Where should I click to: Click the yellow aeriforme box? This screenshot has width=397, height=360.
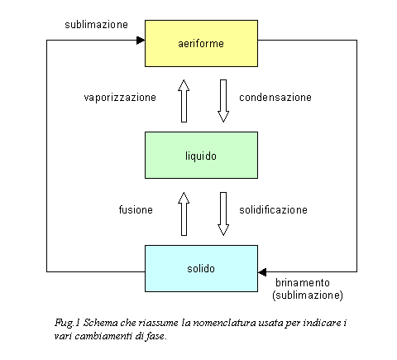[x=201, y=43]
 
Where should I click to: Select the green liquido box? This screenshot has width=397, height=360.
[x=201, y=156]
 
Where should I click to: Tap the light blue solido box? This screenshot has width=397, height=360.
[x=201, y=268]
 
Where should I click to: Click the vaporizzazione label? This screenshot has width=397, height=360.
[x=120, y=98]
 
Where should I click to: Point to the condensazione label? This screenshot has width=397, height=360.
[x=275, y=98]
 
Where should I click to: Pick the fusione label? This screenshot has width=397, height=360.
[x=136, y=209]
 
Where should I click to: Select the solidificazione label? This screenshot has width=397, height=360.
[x=273, y=210]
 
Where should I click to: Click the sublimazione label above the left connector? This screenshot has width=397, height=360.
[x=96, y=25]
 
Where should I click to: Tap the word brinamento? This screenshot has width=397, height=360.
[x=303, y=283]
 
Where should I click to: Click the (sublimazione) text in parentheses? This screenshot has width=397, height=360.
[x=308, y=295]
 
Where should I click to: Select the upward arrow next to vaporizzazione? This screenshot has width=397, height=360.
[x=184, y=101]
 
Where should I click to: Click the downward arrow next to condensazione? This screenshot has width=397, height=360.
[x=223, y=101]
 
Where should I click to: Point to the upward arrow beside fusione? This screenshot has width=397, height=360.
[x=184, y=214]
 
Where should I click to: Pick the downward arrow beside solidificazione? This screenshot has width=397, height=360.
[x=223, y=214]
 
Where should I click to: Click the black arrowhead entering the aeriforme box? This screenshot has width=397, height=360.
[x=141, y=41]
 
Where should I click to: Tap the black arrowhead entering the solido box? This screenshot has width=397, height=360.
[x=262, y=272]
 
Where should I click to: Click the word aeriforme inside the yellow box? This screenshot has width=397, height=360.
[x=201, y=44]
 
